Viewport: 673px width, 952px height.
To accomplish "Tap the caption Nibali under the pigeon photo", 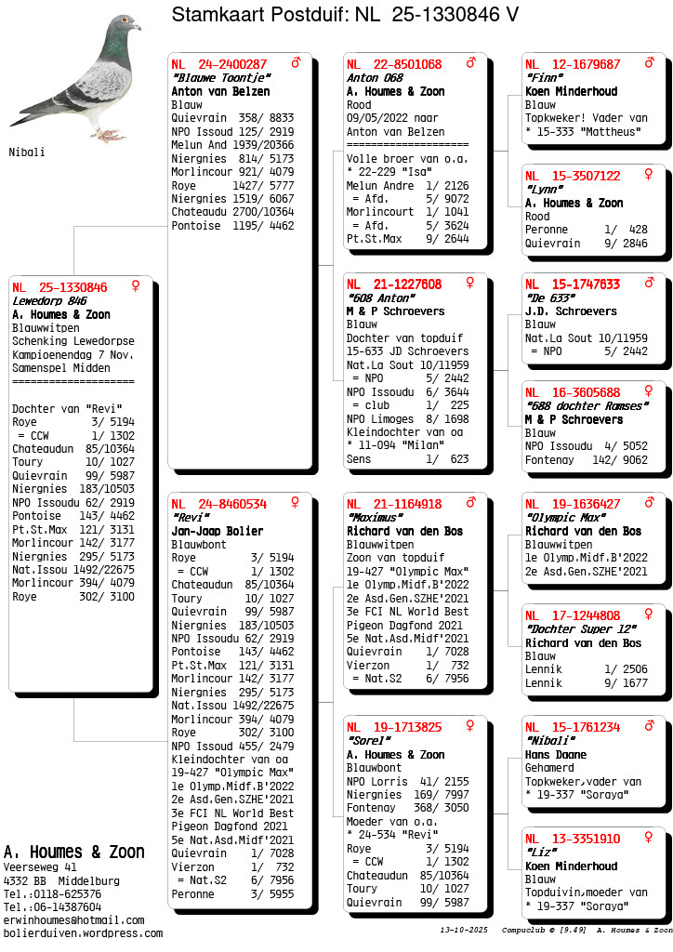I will point(27,152).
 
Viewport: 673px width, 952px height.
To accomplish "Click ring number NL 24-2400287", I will point(219,64).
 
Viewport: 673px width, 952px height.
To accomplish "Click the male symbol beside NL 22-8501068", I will point(470,63).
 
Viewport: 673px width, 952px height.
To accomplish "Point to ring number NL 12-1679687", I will point(573,64).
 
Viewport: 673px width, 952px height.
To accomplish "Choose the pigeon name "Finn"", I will point(545,78).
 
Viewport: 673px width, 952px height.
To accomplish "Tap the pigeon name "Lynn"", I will point(545,190).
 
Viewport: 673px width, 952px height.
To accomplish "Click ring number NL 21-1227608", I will point(394,284).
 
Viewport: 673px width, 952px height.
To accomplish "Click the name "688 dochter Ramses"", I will point(586,406).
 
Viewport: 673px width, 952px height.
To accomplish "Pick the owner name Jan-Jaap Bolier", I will point(218,532).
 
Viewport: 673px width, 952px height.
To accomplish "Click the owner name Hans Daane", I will point(557,755).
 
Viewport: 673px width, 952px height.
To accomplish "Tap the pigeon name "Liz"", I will point(541,853).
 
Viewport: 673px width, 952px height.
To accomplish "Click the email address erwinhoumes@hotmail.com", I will point(73,919).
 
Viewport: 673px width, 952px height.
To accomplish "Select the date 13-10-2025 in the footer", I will point(464,930).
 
